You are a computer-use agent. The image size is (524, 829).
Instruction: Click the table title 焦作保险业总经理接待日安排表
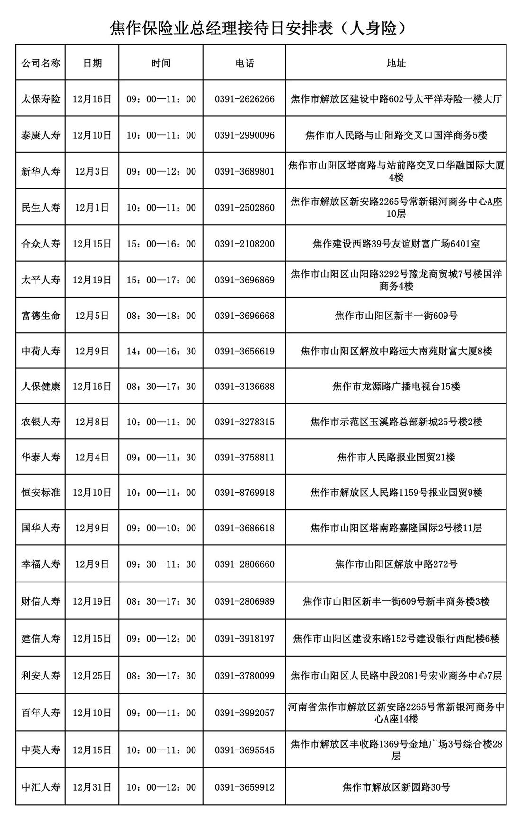(x=258, y=28)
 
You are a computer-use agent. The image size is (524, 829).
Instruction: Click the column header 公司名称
(x=41, y=63)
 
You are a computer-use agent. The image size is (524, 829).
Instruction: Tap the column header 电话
(x=244, y=63)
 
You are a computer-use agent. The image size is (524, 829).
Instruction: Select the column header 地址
(x=396, y=63)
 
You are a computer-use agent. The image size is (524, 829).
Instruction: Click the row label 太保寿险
(x=41, y=99)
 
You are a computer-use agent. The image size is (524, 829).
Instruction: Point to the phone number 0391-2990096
(x=244, y=135)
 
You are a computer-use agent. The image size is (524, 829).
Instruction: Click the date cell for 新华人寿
(x=92, y=171)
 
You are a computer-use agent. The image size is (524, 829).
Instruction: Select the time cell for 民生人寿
(x=161, y=207)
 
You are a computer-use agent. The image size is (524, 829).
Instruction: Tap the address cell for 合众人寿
(x=396, y=244)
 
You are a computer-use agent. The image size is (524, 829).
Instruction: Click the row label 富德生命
(x=41, y=316)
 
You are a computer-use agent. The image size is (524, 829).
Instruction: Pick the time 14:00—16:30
(x=161, y=351)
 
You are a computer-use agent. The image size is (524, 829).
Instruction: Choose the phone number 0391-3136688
(x=244, y=386)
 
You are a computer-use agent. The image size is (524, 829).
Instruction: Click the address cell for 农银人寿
(x=396, y=422)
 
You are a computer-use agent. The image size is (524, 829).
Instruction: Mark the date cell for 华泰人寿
(x=92, y=457)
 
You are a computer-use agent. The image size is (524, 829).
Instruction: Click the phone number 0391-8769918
(x=244, y=493)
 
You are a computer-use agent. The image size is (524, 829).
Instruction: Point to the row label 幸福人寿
(x=41, y=564)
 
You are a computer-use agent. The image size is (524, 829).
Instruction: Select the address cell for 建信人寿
(x=396, y=638)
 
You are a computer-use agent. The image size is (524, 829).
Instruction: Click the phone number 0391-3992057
(x=244, y=713)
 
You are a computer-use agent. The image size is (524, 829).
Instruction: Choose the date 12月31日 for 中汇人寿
(x=92, y=787)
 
